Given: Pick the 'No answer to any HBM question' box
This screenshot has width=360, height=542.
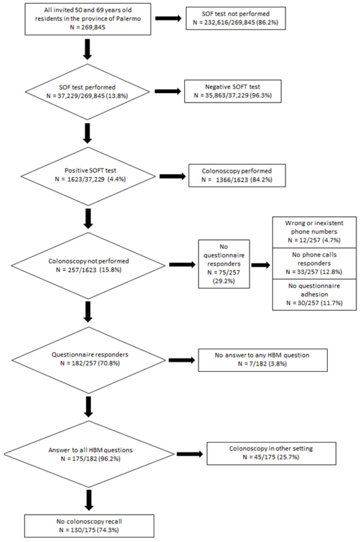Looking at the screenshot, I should point(263,359).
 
